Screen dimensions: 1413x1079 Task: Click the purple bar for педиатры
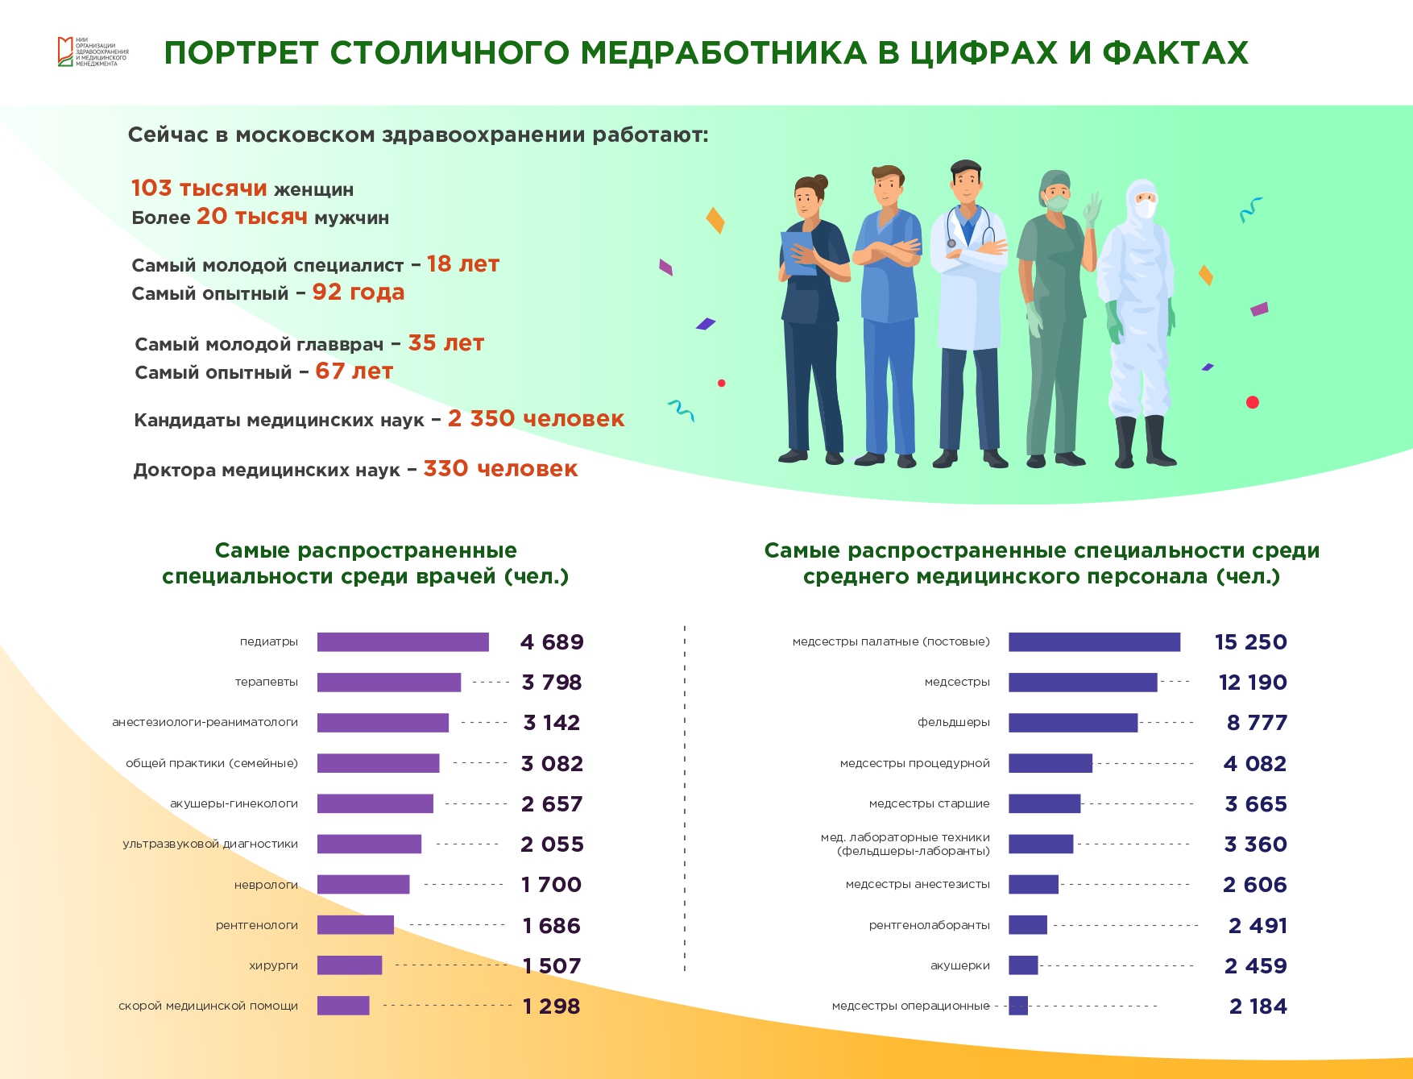[403, 642]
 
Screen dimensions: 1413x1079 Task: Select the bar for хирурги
[350, 965]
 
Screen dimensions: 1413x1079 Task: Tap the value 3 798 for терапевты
[552, 683]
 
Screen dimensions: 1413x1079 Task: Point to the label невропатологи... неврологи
[266, 885]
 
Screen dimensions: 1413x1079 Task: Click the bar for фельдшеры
[1073, 723]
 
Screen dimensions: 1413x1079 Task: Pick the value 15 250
[1251, 642]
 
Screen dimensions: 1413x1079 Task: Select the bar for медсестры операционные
[1018, 1006]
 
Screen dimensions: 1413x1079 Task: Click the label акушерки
[960, 965]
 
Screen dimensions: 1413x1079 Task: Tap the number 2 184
[1258, 1006]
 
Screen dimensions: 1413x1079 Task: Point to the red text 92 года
[358, 293]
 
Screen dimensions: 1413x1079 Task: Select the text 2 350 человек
[537, 419]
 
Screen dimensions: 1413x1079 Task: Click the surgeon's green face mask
[1057, 202]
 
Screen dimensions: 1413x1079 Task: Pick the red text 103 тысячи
[199, 189]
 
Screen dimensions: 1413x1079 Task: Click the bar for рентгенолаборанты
[1028, 925]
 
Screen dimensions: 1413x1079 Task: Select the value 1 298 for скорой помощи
[552, 1006]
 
